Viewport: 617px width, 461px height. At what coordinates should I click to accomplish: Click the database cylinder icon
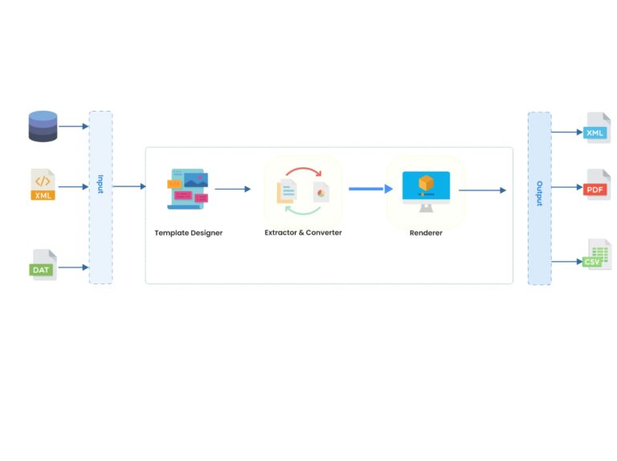(x=43, y=126)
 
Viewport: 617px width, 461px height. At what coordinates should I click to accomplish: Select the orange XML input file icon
(x=43, y=185)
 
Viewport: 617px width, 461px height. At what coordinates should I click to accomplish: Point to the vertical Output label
(x=539, y=193)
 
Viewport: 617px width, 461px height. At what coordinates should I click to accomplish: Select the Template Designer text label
(x=188, y=233)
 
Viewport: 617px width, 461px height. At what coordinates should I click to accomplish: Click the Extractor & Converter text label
(x=303, y=233)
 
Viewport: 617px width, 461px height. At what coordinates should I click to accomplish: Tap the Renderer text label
(x=426, y=233)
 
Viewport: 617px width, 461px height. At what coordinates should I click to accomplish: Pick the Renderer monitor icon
(x=426, y=190)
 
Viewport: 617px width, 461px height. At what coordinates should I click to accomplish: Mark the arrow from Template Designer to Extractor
(x=233, y=190)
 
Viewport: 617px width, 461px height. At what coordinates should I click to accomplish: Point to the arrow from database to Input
(x=73, y=126)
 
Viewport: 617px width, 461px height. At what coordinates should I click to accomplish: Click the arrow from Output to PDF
(x=566, y=187)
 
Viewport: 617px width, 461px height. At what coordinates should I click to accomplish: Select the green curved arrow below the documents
(x=303, y=211)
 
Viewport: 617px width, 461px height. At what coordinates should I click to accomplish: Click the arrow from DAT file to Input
(x=73, y=267)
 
